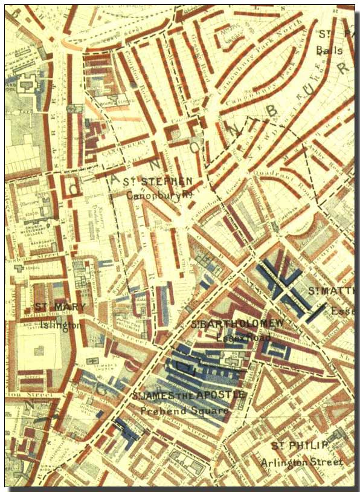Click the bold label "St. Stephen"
158,181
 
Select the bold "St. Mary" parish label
60,307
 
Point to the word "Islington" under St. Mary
60,325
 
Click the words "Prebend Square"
184,411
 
